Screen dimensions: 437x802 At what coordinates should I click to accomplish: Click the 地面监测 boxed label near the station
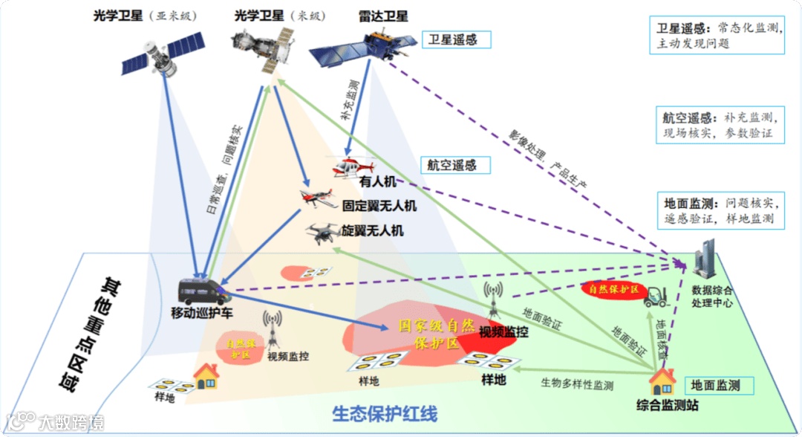point(718,385)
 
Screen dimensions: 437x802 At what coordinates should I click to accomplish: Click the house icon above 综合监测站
point(660,381)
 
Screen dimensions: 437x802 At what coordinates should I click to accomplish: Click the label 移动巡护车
point(203,314)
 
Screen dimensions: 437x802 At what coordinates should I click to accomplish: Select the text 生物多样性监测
point(577,384)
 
